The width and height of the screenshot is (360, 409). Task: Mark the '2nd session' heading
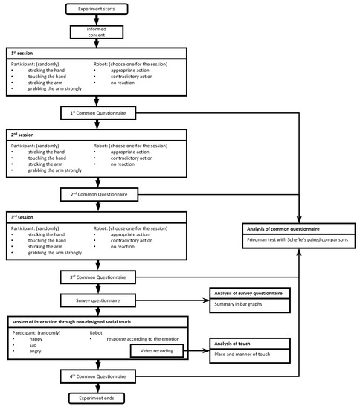click(20, 137)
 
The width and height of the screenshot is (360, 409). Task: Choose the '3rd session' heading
click(20, 218)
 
